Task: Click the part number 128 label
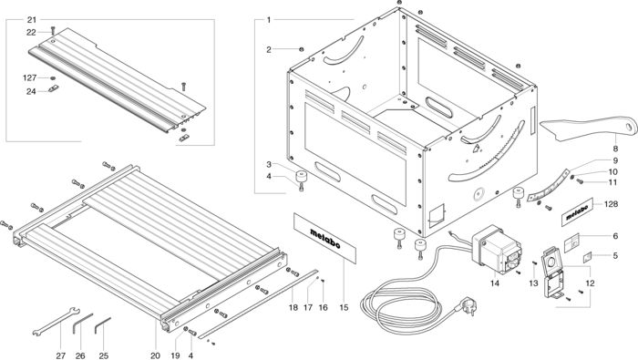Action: point(612,204)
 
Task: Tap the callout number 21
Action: point(32,20)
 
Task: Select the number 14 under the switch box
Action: point(494,283)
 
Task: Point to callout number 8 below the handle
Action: point(615,149)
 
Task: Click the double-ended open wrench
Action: point(56,322)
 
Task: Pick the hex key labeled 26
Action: point(82,323)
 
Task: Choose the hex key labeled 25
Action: point(102,325)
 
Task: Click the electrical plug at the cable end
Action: point(468,305)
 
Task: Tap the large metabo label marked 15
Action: point(324,239)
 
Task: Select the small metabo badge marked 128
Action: point(577,212)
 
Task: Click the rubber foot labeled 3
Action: point(302,176)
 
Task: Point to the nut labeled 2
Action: point(301,49)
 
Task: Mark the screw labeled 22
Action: point(53,30)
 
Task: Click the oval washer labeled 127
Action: point(53,77)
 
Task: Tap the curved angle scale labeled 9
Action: point(549,186)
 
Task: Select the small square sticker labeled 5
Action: point(587,256)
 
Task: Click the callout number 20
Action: point(155,355)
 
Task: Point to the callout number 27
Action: point(60,355)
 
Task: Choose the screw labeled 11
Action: point(580,181)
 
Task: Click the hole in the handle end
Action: point(631,127)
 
